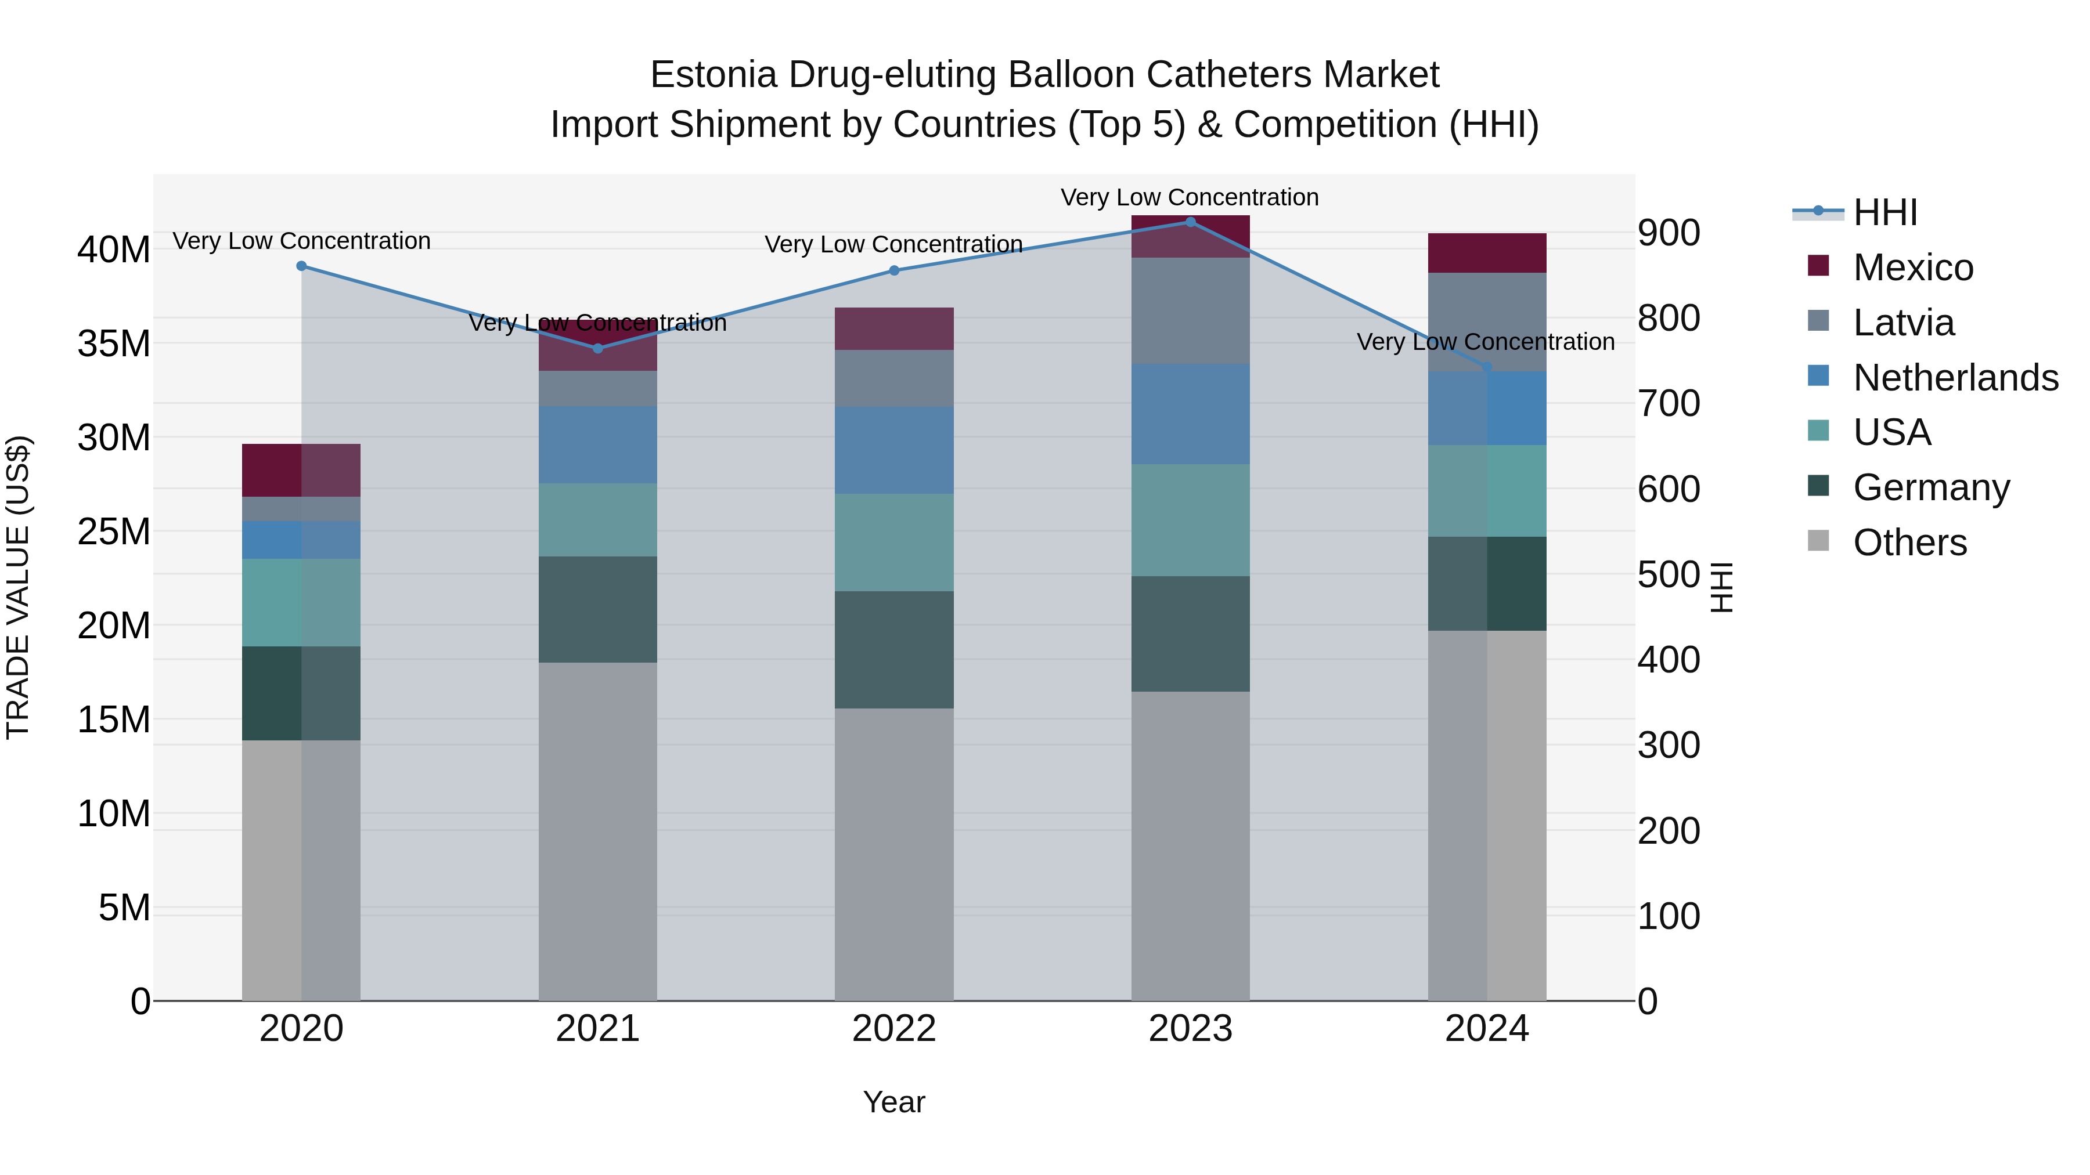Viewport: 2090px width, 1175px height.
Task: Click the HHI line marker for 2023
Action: point(1190,222)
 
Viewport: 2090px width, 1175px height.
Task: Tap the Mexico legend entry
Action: point(1912,267)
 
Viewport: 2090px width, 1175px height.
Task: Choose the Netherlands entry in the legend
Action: point(1955,378)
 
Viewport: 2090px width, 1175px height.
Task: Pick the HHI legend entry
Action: point(1884,212)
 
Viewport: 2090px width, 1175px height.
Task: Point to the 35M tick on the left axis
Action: point(114,344)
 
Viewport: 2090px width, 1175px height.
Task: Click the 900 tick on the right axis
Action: point(1668,233)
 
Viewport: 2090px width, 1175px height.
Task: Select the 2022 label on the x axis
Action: point(894,1029)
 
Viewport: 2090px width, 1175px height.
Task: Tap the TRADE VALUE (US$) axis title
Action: point(18,587)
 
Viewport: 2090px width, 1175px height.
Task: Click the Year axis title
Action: point(894,1102)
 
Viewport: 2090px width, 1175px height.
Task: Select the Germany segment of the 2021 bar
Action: point(598,609)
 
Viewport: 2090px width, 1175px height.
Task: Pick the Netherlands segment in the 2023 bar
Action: point(1190,414)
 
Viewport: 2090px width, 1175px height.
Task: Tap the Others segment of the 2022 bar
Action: point(894,854)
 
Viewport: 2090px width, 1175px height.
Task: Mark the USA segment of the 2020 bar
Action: point(301,602)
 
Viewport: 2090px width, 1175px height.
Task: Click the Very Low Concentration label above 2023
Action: point(1190,197)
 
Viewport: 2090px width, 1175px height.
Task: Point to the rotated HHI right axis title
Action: point(1721,587)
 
